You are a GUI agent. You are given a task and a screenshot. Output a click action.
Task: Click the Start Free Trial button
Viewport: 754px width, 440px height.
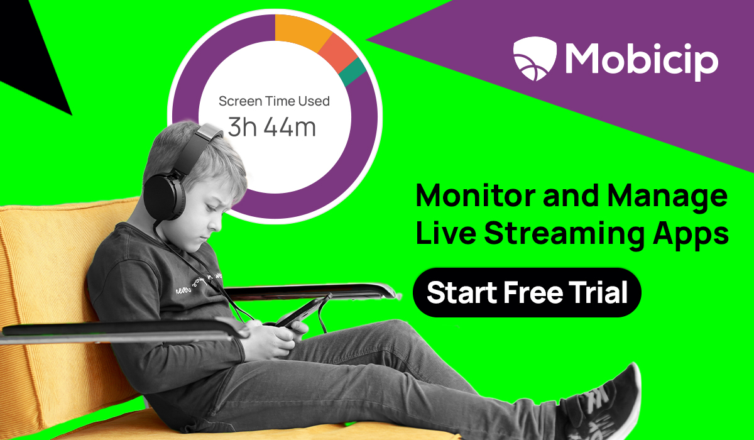pos(527,292)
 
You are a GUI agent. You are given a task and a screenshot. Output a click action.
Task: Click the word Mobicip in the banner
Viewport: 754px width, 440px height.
pos(641,58)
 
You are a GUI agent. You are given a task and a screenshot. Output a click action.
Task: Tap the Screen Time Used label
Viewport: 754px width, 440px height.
pos(274,101)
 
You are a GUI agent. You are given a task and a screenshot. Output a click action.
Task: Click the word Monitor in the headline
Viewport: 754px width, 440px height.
pos(465,197)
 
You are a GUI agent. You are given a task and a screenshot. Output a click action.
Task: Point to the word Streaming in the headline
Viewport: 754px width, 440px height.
pos(562,234)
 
